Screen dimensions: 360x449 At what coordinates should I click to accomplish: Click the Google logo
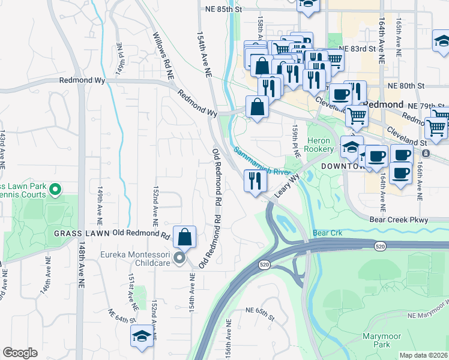click(x=20, y=352)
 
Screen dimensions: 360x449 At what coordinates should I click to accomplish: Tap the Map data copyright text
click(x=423, y=355)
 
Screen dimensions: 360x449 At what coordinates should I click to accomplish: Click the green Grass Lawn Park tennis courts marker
click(x=55, y=191)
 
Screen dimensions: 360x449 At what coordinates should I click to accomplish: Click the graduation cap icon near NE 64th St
click(x=142, y=335)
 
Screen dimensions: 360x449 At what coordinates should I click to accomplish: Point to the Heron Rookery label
click(x=319, y=144)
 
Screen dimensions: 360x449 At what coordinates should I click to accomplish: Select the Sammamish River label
click(x=262, y=161)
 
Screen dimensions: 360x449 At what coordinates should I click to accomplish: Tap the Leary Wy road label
click(x=287, y=187)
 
